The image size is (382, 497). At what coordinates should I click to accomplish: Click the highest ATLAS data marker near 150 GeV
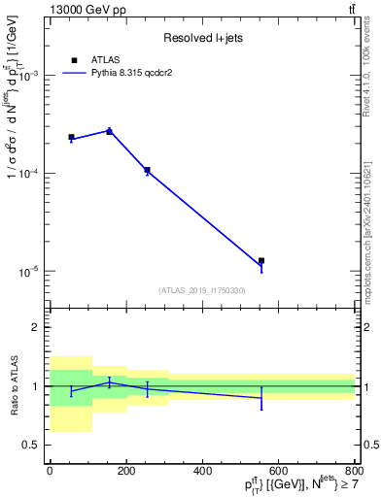(x=109, y=131)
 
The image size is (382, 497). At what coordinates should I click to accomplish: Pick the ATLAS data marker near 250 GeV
(x=147, y=170)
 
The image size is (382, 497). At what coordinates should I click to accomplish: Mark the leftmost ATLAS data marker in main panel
(x=71, y=138)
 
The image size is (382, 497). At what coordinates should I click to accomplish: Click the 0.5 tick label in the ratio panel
(x=33, y=446)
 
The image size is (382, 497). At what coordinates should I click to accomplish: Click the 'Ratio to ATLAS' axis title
(x=14, y=386)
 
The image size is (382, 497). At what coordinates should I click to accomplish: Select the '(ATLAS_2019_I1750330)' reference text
(x=202, y=290)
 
